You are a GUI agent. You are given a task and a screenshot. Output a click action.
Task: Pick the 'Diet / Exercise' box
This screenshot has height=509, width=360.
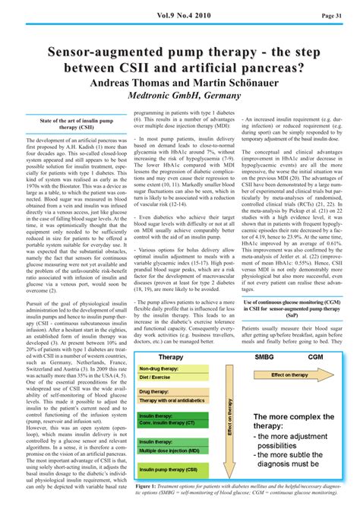[x=155, y=377]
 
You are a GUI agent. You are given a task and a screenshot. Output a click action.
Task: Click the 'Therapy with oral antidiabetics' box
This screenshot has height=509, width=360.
[x=175, y=400]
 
